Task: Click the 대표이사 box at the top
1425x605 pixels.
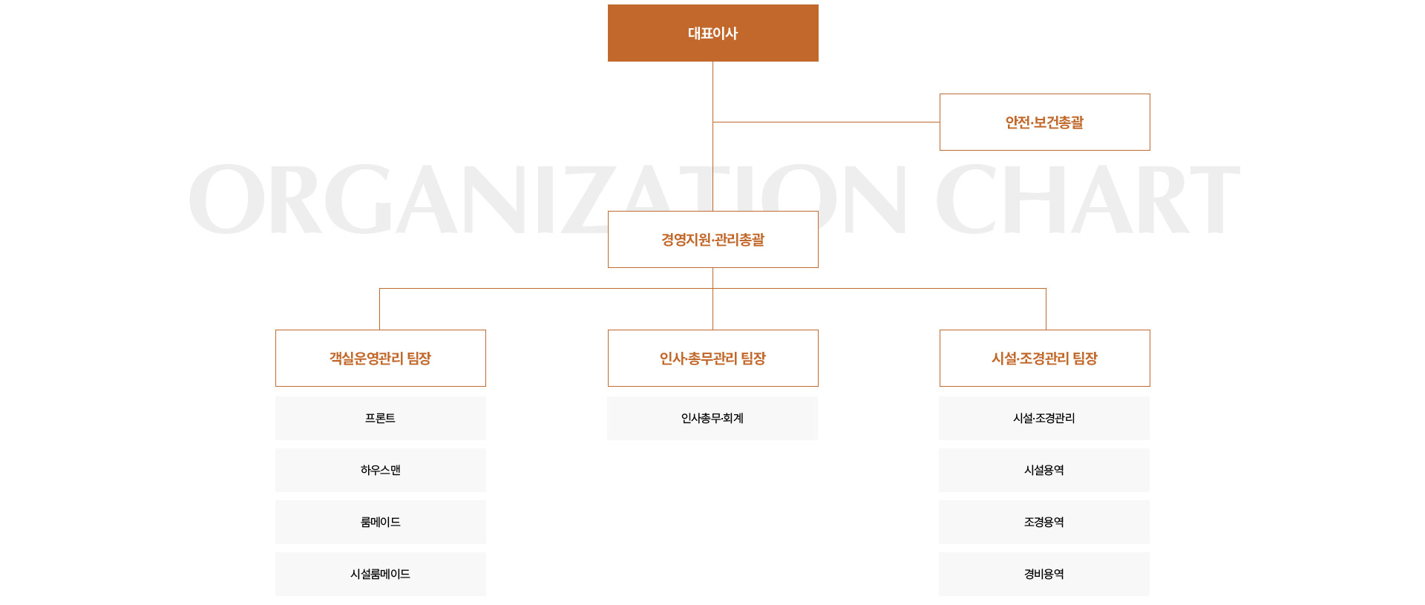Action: point(712,33)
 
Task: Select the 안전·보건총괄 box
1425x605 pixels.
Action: point(1044,122)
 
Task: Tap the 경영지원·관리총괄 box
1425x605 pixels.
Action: point(712,239)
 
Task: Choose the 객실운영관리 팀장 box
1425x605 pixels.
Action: point(380,358)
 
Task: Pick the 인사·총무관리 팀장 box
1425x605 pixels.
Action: point(712,358)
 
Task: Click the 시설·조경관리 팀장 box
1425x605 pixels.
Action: point(1044,358)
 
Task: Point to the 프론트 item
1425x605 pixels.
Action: point(380,418)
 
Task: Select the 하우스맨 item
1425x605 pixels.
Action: point(380,470)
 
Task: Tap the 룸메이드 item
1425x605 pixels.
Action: point(380,522)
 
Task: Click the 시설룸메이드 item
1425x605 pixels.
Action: point(380,574)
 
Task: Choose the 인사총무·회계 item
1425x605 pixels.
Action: point(712,418)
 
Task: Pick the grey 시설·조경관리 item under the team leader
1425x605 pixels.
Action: point(1044,418)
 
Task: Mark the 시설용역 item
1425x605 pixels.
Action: point(1044,470)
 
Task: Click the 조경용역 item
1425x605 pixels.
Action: point(1044,522)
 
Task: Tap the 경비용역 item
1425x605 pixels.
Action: point(1044,574)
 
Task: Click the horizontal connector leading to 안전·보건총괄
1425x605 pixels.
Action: point(826,122)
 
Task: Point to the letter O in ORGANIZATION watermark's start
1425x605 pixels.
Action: point(226,199)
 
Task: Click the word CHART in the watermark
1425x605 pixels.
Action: point(1087,199)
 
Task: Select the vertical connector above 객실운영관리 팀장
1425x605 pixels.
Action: point(379,309)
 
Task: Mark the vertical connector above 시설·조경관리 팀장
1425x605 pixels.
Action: point(1046,309)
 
